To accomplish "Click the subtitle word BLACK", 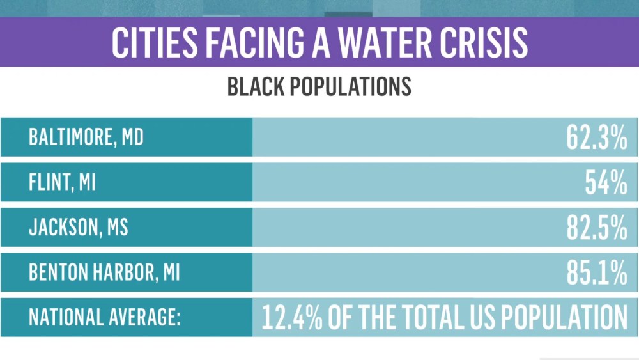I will click(254, 86).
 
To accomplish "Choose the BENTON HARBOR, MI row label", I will click(104, 273).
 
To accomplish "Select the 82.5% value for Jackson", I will click(596, 228).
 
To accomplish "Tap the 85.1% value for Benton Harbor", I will click(596, 273).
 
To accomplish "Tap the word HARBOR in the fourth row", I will click(118, 273).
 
